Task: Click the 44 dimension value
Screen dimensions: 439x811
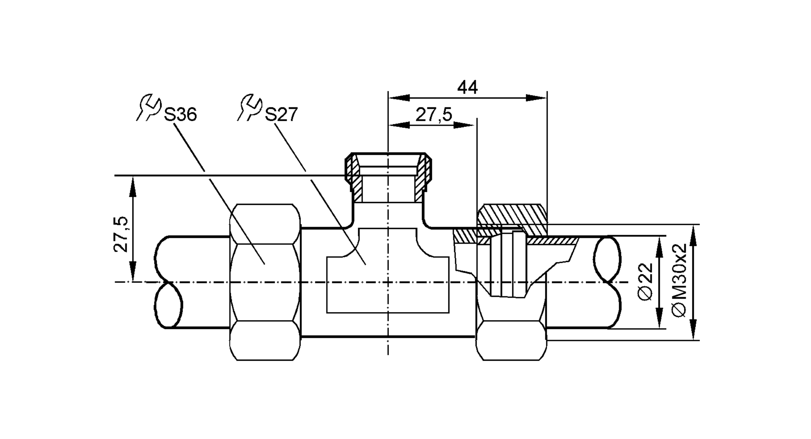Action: [x=468, y=87]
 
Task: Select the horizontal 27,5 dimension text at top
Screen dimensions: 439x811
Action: [x=433, y=115]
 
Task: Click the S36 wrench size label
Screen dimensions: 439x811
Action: [x=180, y=115]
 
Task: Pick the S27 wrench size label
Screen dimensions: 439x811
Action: [x=281, y=115]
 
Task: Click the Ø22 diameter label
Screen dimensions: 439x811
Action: [x=646, y=281]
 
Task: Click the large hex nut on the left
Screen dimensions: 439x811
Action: [x=265, y=282]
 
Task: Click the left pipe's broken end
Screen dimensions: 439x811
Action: [x=167, y=282]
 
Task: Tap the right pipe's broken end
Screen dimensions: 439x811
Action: [x=607, y=282]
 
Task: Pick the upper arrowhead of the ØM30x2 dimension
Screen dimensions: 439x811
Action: [x=693, y=235]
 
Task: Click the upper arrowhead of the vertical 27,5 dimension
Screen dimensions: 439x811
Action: [x=133, y=186]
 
